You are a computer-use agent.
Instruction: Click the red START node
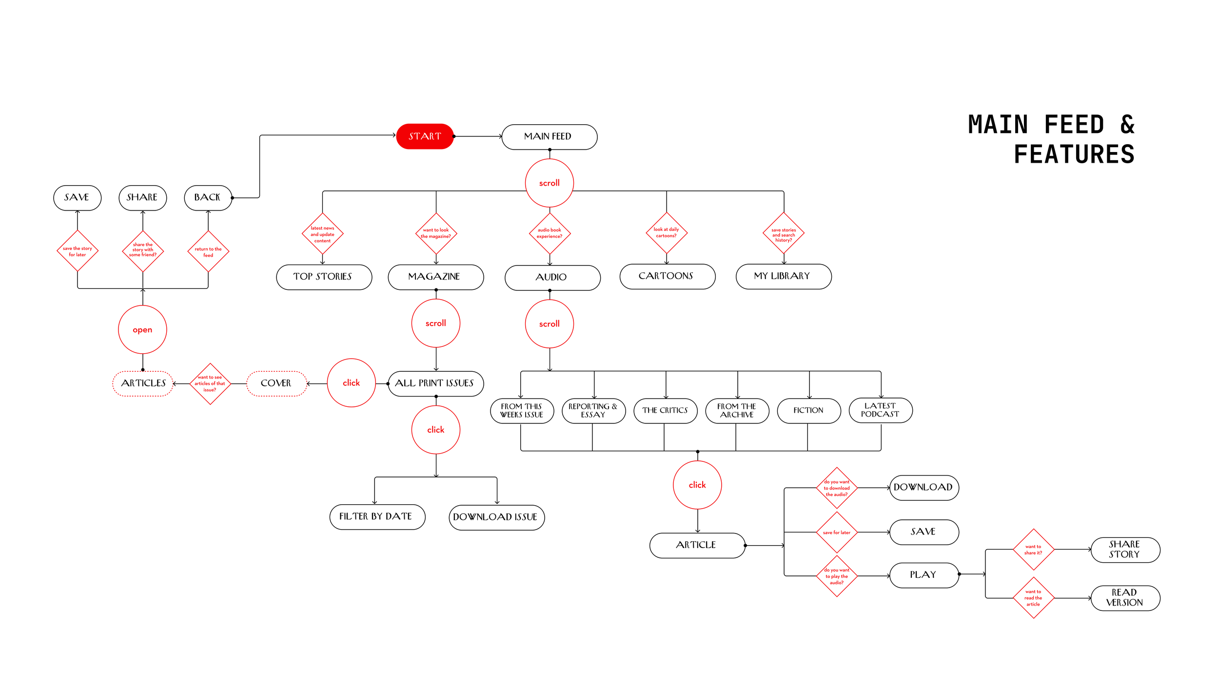click(425, 136)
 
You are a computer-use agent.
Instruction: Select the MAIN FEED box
click(549, 137)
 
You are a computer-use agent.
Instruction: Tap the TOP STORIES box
click(324, 277)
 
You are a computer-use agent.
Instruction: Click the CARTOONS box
click(667, 276)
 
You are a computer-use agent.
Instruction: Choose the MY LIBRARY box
click(783, 276)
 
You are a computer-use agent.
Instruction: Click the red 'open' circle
click(142, 329)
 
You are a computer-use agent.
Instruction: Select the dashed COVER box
click(276, 383)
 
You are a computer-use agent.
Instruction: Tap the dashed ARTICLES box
click(143, 383)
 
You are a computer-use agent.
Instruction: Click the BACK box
click(208, 197)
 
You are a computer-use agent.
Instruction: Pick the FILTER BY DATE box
click(377, 516)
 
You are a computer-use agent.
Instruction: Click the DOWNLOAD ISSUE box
click(496, 517)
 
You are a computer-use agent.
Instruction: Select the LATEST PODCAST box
click(880, 410)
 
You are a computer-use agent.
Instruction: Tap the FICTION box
click(808, 411)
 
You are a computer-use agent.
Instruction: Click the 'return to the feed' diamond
click(208, 251)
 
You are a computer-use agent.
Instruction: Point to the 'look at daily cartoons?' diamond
click(666, 232)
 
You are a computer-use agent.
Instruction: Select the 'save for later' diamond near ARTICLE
click(836, 532)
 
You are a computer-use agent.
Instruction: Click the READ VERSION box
click(1125, 598)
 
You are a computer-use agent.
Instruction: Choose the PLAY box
click(924, 575)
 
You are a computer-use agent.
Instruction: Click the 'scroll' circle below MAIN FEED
click(549, 183)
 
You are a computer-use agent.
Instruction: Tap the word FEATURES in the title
click(1074, 154)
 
